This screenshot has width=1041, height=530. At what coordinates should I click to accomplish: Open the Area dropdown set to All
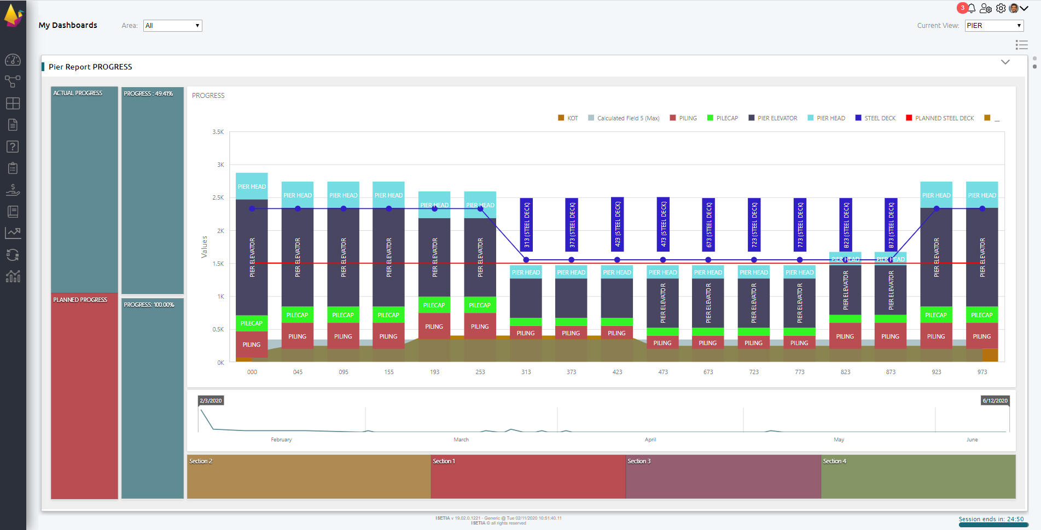click(x=172, y=26)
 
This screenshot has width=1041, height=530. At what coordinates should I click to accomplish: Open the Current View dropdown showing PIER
click(x=993, y=26)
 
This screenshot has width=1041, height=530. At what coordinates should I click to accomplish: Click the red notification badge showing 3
click(x=962, y=8)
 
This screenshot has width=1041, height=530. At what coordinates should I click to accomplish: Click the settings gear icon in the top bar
click(x=1001, y=8)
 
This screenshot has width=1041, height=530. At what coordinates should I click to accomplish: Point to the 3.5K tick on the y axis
click(x=218, y=132)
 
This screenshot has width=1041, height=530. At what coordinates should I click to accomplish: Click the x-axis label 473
click(x=662, y=372)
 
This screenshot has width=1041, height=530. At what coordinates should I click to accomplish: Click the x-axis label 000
click(x=252, y=372)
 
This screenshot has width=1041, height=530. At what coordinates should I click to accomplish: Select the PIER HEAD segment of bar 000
click(x=252, y=187)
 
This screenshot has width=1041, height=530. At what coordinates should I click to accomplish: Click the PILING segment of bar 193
click(x=434, y=327)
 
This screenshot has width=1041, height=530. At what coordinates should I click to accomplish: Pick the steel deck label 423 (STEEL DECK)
click(x=617, y=224)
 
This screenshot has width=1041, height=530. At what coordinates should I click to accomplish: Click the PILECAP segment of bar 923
click(x=936, y=315)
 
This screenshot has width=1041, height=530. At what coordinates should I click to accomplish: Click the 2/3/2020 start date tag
click(x=211, y=401)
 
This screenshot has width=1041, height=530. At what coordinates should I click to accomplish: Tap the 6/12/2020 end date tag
click(x=995, y=401)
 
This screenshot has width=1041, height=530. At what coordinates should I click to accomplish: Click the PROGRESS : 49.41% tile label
click(x=148, y=94)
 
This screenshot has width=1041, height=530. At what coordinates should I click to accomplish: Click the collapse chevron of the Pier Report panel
click(x=1005, y=62)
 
